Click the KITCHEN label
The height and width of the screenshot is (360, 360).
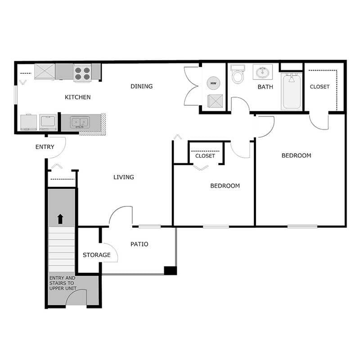[77, 97]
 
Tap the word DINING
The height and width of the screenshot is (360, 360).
[141, 86]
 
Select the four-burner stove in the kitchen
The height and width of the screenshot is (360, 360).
[83, 72]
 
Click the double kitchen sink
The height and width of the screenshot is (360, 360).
[80, 122]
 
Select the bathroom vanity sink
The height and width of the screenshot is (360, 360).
[262, 72]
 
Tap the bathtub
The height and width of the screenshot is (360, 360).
[292, 92]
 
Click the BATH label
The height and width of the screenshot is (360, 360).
[265, 87]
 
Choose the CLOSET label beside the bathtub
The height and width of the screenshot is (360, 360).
[319, 87]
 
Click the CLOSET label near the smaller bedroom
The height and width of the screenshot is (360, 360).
[205, 156]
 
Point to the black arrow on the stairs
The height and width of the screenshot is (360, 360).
[61, 219]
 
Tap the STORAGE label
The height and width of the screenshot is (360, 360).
[96, 255]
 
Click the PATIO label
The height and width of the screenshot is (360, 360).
[139, 244]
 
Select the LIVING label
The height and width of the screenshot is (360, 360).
[124, 177]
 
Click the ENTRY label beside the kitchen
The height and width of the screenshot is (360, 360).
[45, 147]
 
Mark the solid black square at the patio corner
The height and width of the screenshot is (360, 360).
[170, 270]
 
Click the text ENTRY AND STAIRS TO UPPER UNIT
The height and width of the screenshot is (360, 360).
[63, 283]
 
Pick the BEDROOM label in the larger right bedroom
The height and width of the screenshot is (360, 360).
[296, 156]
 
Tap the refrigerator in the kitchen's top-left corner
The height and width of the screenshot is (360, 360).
[45, 71]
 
